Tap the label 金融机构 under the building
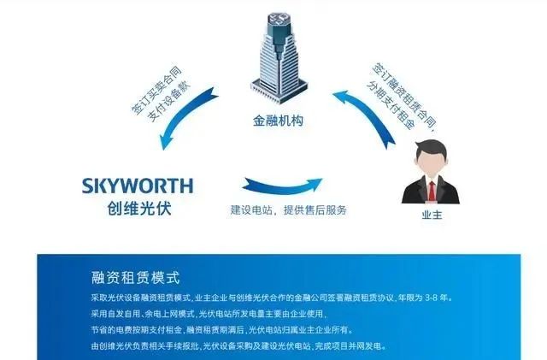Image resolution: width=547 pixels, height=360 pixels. tap(279, 121)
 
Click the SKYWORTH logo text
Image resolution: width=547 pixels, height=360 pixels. tap(138, 186)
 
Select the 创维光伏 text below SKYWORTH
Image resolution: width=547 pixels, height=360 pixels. tap(139, 209)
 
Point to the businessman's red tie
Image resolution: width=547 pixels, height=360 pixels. tap(432, 191)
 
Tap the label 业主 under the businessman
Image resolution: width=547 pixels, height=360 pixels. tap(432, 215)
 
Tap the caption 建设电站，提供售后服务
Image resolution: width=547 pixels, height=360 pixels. tap(289, 210)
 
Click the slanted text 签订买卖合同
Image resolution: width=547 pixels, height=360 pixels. tap(156, 90)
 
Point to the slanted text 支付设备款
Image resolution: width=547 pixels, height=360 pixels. tap(169, 101)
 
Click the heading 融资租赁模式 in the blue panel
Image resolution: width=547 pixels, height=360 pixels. tap(135, 278)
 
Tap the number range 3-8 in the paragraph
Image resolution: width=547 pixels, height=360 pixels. tap(431, 298)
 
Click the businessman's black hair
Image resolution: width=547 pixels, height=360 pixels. tap(432, 149)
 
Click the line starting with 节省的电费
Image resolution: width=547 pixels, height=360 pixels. tap(222, 329)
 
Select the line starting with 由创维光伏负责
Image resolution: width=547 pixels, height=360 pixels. tap(239, 346)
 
